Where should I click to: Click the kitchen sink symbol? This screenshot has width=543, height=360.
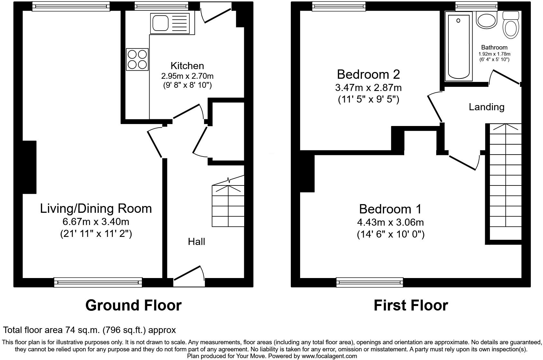pos(172,23)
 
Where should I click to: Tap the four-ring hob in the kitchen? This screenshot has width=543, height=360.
pos(137,59)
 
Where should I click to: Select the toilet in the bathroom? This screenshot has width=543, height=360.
pos(511,24)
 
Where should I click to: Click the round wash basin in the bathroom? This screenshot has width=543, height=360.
pos(487,21)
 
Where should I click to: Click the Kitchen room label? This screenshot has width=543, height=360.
pos(187,66)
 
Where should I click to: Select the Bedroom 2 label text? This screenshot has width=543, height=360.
pos(368,74)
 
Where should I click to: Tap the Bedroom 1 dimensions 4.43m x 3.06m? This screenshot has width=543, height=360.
pos(390,222)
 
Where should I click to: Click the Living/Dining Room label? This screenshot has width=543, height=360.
pos(96,208)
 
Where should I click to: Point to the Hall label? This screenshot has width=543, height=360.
pos(196,242)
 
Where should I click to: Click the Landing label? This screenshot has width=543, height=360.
pos(486,107)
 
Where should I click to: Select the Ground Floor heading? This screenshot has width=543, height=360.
pos(133,305)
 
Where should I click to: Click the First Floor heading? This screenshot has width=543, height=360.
pos(410,305)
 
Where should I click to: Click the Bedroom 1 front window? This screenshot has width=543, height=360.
pos(370,282)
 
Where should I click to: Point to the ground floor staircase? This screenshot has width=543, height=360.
pos(228,206)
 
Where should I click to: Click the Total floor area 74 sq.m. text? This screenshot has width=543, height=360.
pos(89,330)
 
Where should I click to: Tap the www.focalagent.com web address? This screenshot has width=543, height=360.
pos(329,356)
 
